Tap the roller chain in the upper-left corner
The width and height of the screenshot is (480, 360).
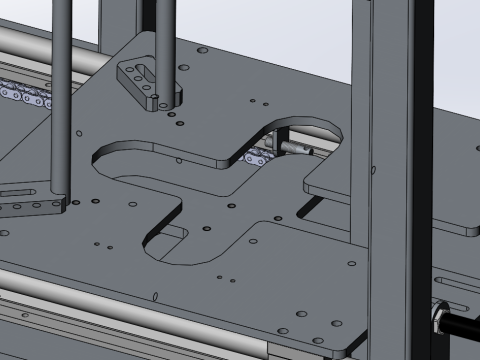pos(25,95)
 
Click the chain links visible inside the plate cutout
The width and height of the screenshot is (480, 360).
pos(259,155)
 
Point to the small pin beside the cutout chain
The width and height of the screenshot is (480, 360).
pos(297,149)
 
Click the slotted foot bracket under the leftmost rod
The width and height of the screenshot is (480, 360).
pos(30,200)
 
